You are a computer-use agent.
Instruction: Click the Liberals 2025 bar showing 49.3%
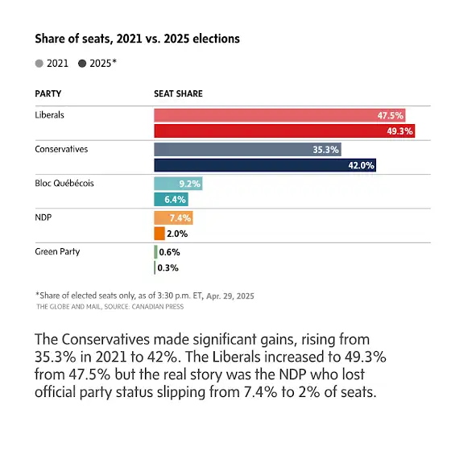(284, 130)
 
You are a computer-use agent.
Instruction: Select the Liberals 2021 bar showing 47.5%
(279, 115)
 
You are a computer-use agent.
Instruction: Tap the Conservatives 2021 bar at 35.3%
(248, 150)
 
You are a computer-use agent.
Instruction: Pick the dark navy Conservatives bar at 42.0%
(265, 165)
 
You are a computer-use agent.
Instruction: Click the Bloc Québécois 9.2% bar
(178, 184)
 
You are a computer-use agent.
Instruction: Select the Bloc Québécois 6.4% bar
(171, 200)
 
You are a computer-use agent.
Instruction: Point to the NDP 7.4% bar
(173, 217)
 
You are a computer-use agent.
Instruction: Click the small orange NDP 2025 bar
(159, 234)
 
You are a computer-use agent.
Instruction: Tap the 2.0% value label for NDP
(177, 234)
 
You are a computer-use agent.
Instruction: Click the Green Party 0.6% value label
(169, 252)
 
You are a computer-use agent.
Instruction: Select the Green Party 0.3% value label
(168, 267)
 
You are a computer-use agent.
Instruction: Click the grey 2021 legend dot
(39, 64)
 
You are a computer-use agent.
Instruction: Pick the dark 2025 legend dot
(82, 64)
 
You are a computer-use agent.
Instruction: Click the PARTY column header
(48, 93)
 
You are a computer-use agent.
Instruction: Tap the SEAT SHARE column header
(178, 93)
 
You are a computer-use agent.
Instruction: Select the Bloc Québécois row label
(64, 184)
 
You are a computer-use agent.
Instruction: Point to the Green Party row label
(57, 251)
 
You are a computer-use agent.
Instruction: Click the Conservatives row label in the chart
(61, 149)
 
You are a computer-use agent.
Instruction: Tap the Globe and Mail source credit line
(110, 307)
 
